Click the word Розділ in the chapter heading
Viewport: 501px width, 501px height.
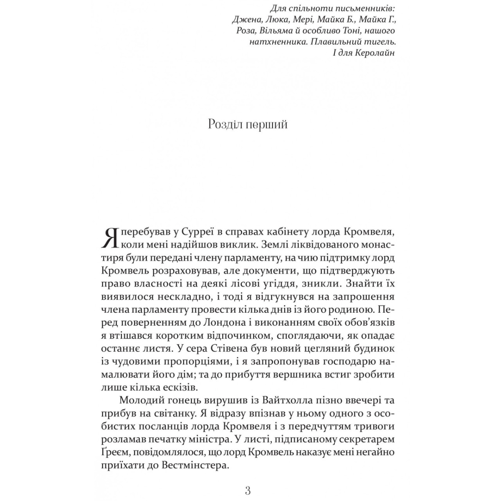pos(226,125)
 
